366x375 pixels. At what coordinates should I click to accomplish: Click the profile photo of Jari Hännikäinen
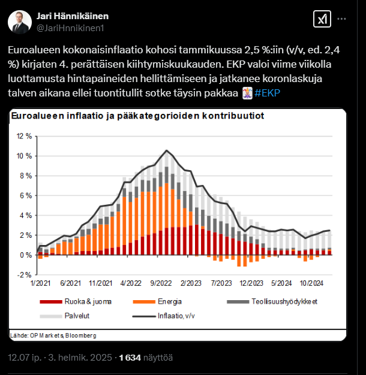click(x=20, y=21)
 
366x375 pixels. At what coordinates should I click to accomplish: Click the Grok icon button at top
click(x=321, y=19)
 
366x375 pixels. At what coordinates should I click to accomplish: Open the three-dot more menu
click(x=342, y=19)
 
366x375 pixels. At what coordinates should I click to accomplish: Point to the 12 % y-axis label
click(x=24, y=136)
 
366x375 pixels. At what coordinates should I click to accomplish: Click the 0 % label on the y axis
click(x=26, y=255)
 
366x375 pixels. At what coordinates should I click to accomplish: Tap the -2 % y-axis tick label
click(x=25, y=274)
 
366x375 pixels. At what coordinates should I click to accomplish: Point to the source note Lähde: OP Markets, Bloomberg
click(x=53, y=335)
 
